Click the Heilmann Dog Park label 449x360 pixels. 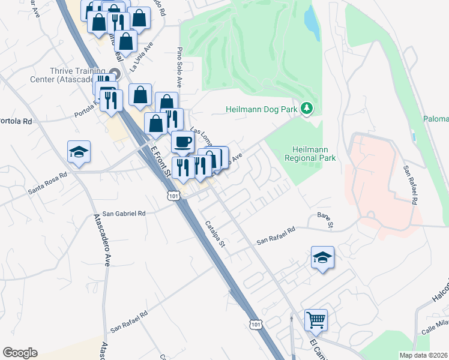(x=262, y=109)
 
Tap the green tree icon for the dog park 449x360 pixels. (x=307, y=108)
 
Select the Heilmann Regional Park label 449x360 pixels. (x=314, y=154)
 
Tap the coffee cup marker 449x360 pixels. (x=182, y=143)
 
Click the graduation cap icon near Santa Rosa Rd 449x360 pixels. (x=79, y=152)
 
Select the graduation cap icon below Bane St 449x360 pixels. (x=322, y=258)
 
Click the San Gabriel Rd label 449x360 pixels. (x=124, y=213)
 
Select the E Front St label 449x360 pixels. (x=160, y=162)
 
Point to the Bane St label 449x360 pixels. (x=325, y=220)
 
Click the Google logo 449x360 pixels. (x=20, y=353)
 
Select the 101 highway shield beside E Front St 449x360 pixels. (x=173, y=196)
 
